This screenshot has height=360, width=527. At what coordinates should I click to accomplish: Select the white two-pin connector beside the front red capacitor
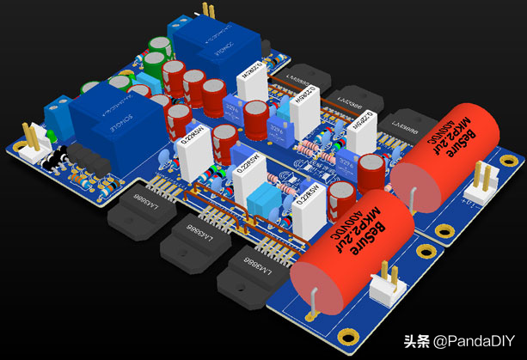click(x=384, y=288)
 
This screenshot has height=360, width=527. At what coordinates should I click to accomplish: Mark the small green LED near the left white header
click(x=52, y=137)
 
